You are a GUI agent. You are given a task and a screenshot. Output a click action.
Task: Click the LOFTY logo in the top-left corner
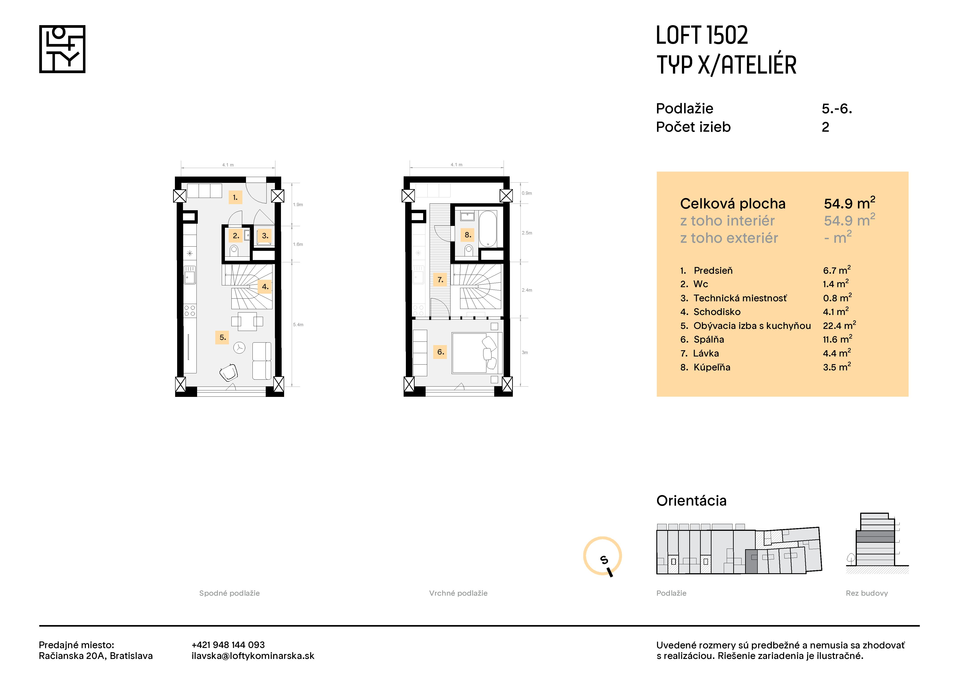point(62,49)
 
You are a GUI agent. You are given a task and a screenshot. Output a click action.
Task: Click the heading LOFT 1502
point(702,35)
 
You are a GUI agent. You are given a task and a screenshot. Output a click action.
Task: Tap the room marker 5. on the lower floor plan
point(222,337)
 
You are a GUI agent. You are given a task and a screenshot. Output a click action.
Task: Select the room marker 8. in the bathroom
point(468,235)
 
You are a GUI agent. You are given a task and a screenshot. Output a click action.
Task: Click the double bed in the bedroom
point(477,353)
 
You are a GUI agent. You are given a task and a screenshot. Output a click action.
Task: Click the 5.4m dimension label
point(298,324)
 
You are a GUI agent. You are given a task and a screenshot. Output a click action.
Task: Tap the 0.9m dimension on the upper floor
point(527,193)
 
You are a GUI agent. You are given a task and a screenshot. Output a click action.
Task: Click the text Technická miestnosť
point(740,298)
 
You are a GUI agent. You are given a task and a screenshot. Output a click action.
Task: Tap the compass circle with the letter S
point(602,556)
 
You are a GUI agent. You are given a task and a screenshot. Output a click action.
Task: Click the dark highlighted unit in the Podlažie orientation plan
point(751,562)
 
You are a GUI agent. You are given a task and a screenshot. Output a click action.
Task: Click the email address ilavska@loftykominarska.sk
point(253,656)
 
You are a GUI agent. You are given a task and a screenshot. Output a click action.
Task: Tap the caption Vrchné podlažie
point(458,593)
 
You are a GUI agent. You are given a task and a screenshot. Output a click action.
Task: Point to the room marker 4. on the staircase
point(265,287)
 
